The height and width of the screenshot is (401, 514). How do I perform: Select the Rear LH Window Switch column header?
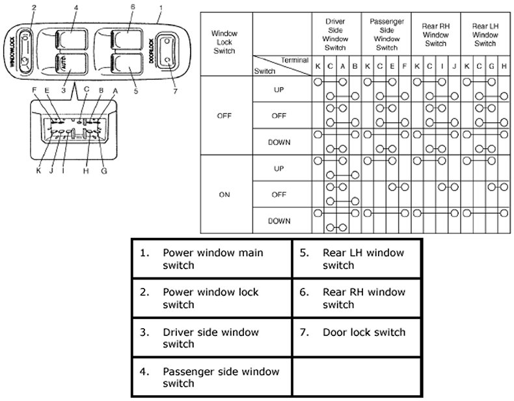pos(485,34)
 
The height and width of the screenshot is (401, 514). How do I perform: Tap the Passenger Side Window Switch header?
pos(386,34)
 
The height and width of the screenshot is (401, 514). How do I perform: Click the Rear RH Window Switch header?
pos(435,34)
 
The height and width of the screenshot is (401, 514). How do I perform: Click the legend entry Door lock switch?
pos(364,332)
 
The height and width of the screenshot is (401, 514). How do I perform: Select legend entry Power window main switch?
pos(213,257)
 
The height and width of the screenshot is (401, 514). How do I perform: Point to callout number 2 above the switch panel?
pos(34,8)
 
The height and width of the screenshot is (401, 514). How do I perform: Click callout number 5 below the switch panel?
pos(135,91)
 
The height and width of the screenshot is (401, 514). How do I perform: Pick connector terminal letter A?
pos(115,91)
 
